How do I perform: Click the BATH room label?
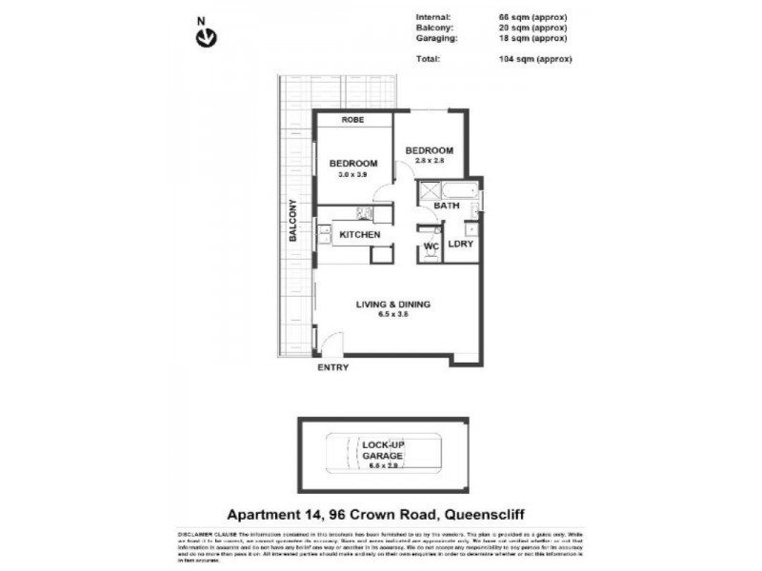coord(447,206)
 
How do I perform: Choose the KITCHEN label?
coord(360,235)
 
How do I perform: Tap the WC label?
coord(430,246)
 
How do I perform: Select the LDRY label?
coord(461,245)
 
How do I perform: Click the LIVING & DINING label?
coord(393,305)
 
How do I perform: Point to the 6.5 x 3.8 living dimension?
coord(392,316)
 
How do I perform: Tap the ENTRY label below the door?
coord(332,367)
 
